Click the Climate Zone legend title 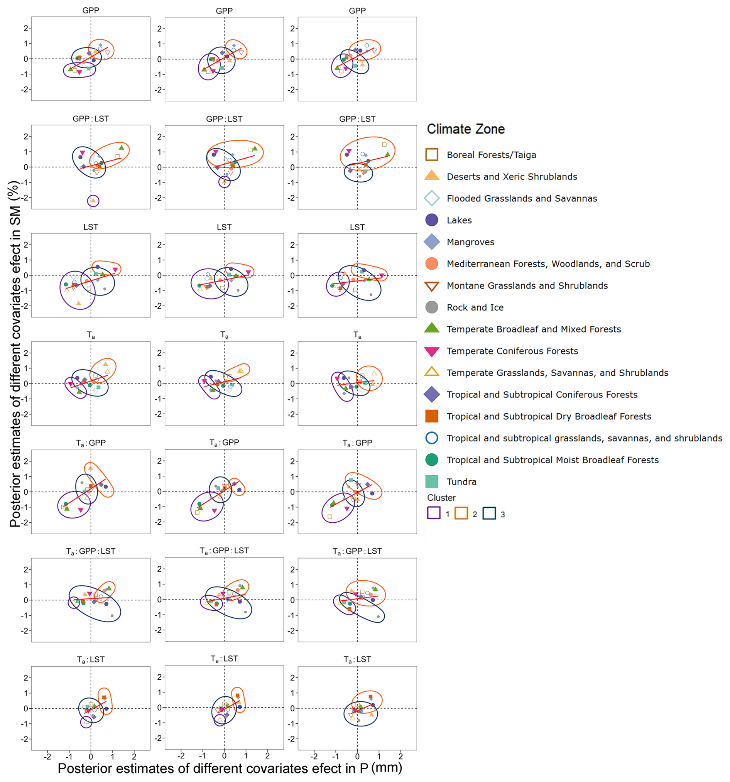click(x=465, y=129)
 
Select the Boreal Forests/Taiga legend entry click(x=491, y=155)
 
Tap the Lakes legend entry click(x=459, y=220)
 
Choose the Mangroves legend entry click(x=470, y=242)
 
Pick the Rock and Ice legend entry click(x=475, y=307)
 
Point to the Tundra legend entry click(x=461, y=481)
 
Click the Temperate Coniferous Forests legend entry click(x=512, y=351)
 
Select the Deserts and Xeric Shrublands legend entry click(x=512, y=177)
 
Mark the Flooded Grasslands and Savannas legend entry click(x=522, y=198)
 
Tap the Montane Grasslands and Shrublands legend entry click(x=527, y=285)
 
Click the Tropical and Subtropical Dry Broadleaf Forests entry click(x=549, y=416)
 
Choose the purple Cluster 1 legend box click(x=433, y=513)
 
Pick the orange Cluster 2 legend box click(x=461, y=513)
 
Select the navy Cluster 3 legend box click(x=489, y=513)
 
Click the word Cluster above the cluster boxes click(x=441, y=498)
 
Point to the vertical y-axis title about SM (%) click(x=15, y=354)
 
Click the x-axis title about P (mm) click(x=230, y=768)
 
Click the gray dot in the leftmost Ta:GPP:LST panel click(x=112, y=616)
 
